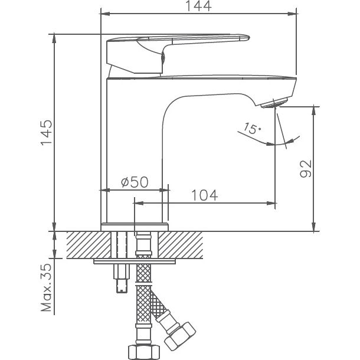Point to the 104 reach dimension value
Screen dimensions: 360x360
click(x=204, y=195)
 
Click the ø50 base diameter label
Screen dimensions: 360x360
click(x=134, y=182)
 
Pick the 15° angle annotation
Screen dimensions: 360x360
click(x=250, y=128)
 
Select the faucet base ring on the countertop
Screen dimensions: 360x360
click(x=135, y=226)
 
